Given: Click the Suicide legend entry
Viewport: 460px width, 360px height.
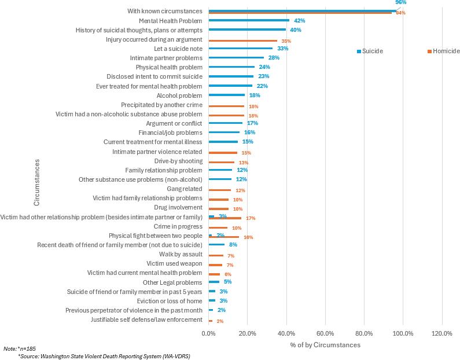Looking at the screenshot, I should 372,51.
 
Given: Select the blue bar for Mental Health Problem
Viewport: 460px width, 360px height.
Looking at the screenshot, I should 249,20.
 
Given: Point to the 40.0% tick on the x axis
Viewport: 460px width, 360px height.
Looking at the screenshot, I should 286,333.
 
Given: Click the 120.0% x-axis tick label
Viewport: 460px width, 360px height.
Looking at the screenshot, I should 442,333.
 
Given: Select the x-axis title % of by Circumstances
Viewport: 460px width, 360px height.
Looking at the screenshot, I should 325,345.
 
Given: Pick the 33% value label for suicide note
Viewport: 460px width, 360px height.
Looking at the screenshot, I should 282,49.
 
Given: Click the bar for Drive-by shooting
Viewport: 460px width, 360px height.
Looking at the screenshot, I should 221,163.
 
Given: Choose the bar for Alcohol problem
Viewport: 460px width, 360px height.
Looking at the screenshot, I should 226,95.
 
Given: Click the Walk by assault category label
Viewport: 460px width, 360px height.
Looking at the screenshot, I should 181,254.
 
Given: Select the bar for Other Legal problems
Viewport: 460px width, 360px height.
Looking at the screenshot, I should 214,282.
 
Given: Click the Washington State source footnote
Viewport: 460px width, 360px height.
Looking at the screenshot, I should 104,357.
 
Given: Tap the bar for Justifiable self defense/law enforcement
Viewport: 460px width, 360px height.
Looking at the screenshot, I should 210,320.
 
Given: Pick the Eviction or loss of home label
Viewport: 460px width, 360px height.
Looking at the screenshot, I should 170,301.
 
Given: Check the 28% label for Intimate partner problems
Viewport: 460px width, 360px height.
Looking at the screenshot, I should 274,58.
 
